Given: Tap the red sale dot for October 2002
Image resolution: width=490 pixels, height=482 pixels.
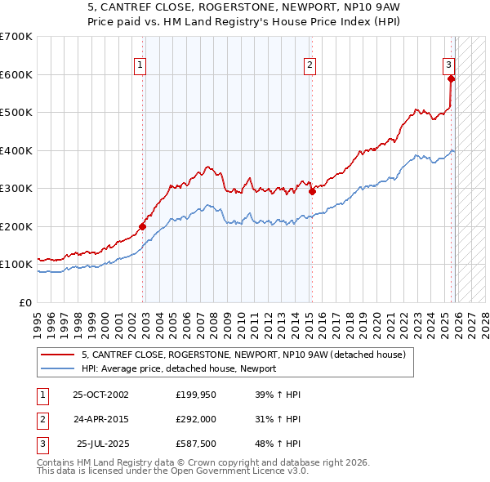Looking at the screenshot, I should [142, 226].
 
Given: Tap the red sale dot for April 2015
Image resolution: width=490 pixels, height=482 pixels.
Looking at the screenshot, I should [311, 192].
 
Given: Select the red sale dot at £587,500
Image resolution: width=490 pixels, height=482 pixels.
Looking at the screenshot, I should [451, 79].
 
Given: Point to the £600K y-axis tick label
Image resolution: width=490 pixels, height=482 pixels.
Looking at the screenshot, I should [16, 74].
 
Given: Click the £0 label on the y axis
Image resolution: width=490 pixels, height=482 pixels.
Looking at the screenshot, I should [24, 302].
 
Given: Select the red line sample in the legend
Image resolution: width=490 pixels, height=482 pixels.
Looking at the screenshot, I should [58, 355].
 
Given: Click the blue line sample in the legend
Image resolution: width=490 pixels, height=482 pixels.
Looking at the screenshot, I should [58, 368].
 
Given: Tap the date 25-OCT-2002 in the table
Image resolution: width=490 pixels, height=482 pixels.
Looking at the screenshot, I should [100, 394].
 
